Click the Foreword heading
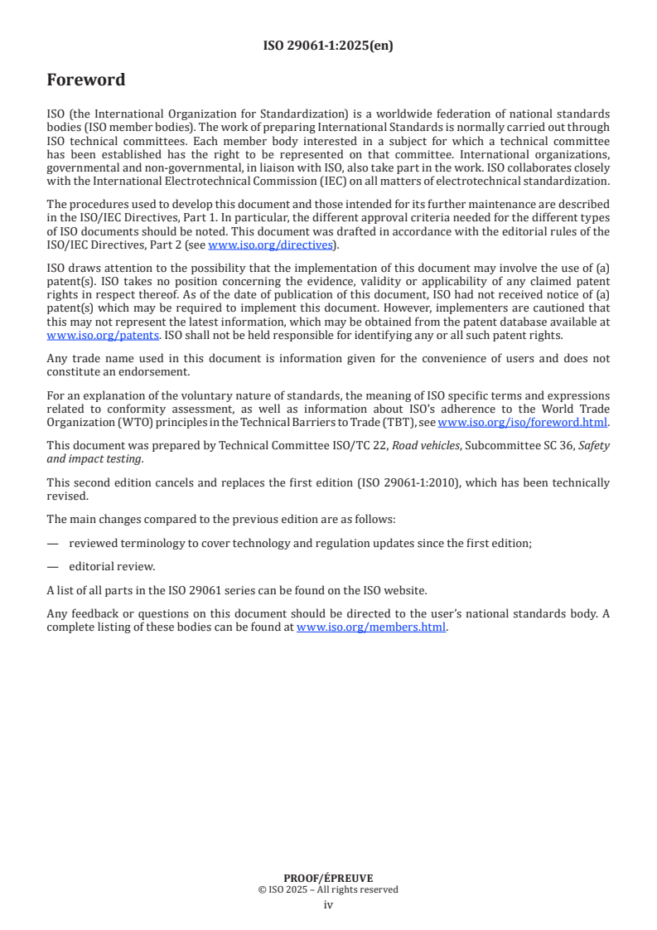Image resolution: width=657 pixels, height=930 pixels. point(86,80)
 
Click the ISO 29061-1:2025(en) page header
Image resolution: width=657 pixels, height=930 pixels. point(328,46)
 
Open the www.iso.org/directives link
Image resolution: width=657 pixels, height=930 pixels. point(270,245)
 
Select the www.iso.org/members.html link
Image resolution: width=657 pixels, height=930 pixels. point(371,627)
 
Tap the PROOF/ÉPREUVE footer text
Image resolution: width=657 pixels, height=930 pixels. point(328,879)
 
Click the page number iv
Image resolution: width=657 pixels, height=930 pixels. point(328,904)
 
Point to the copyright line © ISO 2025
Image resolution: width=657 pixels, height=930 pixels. point(328,890)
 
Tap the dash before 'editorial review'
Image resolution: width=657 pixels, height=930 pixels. point(53,567)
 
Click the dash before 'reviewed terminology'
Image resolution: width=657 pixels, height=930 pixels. point(53,543)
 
